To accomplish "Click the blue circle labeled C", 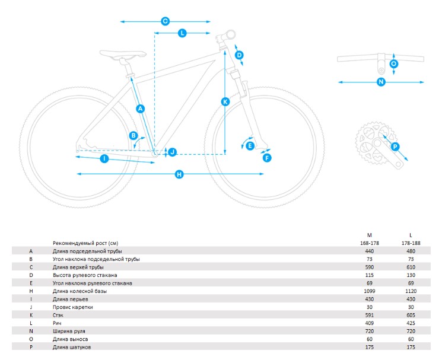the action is point(165,21).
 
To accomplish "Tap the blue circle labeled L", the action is point(182,33).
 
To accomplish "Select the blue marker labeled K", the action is point(225,101).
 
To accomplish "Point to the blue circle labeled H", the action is point(179,174).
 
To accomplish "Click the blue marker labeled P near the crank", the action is point(395,146).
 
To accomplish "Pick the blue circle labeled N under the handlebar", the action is point(381,82).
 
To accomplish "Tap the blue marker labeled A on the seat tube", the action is point(141,109).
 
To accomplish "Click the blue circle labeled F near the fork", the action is point(267,158).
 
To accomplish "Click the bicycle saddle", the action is point(123,54).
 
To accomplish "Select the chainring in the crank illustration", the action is point(372,143).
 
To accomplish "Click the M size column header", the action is point(369,235).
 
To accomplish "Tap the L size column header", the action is point(411,235).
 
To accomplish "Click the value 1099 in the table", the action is point(369,291).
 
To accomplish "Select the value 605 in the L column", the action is point(411,315).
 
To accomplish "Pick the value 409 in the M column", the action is point(369,323).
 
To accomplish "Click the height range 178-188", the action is point(411,243).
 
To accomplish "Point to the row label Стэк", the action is point(58,315).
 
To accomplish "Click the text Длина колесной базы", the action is point(80,291).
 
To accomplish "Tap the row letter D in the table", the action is point(31,275).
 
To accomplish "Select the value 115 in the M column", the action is point(369,275).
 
